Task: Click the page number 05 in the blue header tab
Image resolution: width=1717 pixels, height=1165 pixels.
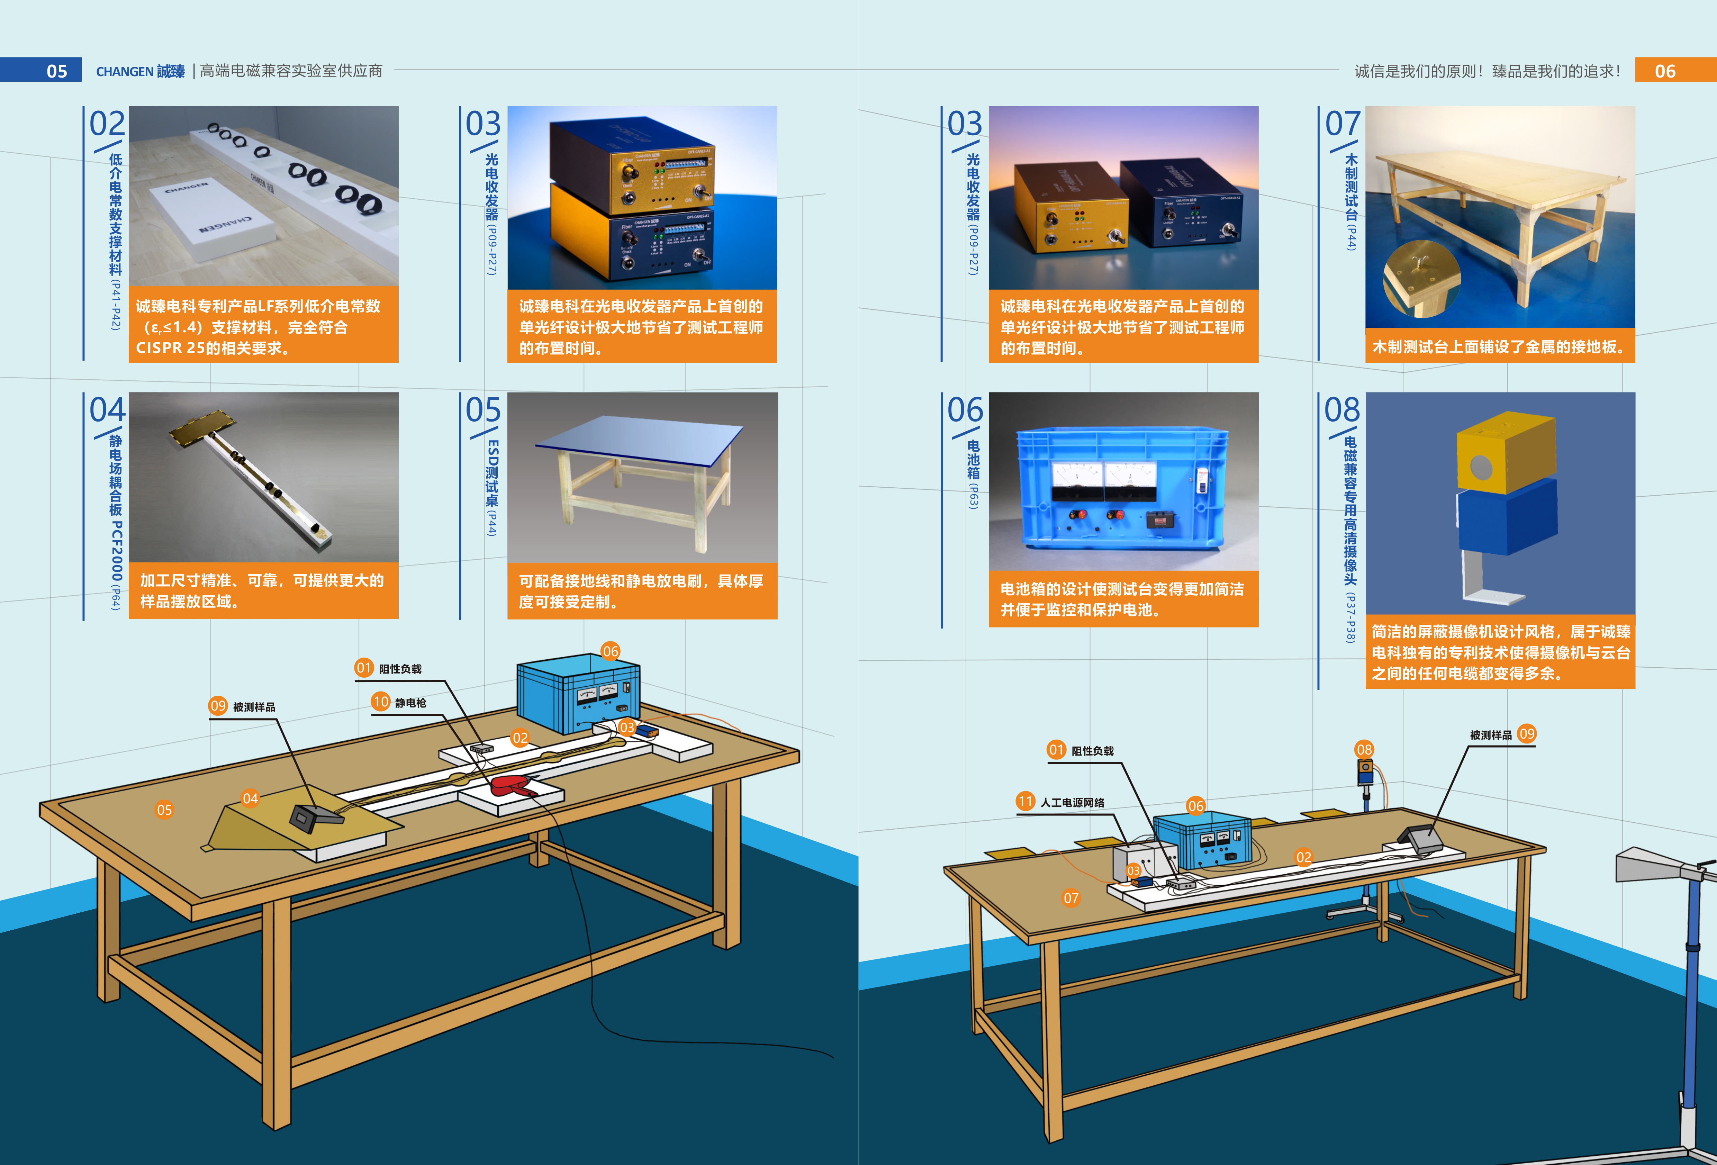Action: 57,71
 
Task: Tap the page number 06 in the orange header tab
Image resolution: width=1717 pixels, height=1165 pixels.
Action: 1664,71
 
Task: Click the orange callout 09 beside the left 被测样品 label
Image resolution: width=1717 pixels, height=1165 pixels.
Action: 218,705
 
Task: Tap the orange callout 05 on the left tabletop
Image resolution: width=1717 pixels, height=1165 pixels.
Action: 164,810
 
